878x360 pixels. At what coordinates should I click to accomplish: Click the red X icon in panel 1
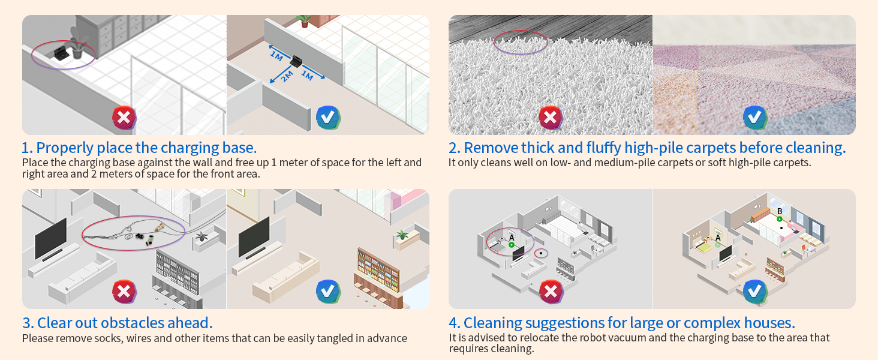124,117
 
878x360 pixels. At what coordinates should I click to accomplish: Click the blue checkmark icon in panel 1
328,117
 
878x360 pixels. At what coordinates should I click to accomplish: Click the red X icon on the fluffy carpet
551,117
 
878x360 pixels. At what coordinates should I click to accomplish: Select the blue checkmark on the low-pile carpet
754,117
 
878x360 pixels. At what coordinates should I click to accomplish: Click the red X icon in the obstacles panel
124,292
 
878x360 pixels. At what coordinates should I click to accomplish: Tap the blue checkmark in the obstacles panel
328,292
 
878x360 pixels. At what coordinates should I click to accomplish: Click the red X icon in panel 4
551,292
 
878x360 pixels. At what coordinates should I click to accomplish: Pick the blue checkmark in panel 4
754,292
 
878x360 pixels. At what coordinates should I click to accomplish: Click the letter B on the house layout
779,211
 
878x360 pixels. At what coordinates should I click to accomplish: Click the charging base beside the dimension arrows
296,61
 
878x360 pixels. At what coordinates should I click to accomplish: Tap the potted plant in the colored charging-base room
305,21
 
